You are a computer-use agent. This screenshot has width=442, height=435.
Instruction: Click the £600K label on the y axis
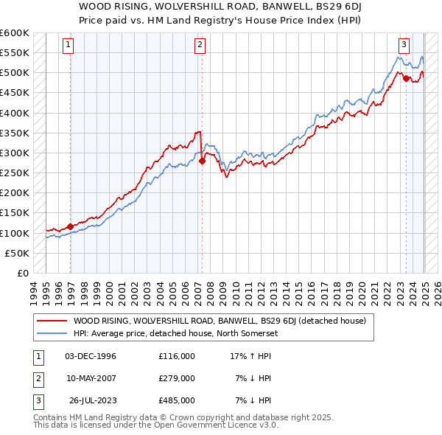click(15, 33)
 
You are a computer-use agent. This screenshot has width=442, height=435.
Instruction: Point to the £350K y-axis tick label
click(15, 133)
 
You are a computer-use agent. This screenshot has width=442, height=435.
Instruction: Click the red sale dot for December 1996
click(71, 226)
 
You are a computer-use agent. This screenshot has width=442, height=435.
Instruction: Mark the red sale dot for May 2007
click(202, 161)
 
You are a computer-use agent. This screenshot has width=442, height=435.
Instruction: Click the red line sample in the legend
click(52, 321)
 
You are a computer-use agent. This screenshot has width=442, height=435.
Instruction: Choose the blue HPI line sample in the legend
click(52, 333)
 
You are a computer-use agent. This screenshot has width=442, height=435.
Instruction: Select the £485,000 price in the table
click(177, 400)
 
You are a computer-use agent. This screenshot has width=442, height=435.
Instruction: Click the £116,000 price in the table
click(177, 355)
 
